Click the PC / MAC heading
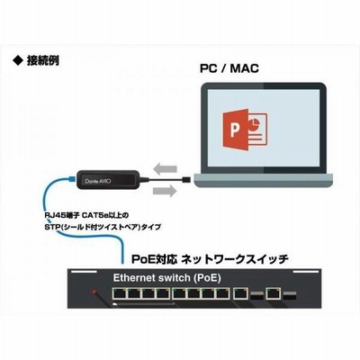pos(229,68)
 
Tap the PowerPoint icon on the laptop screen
pos(245,130)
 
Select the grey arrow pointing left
pos(165,169)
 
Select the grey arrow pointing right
pos(165,191)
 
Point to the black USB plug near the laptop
pos(186,180)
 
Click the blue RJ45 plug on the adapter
pos(72,179)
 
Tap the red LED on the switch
pos(94,292)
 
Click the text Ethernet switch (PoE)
pos(166,278)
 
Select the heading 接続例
pos(43,61)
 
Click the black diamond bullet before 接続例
pos(18,61)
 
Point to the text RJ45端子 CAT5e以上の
pos(86,215)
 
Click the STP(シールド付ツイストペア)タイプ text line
pos(103,227)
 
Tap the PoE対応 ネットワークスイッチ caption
pos(210,259)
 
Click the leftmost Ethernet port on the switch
pos(120,293)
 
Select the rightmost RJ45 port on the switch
pos(274,293)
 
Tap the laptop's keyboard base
pos(264,180)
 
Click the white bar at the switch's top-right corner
pos(305,272)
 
